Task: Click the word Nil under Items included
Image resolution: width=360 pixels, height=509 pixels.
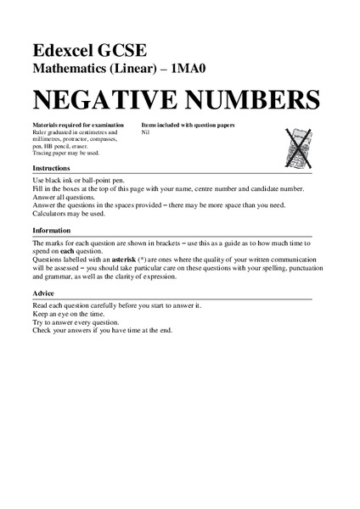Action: click(146, 133)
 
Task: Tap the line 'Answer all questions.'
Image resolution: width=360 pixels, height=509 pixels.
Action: click(65, 197)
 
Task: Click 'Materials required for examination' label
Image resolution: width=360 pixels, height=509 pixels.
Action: click(71, 126)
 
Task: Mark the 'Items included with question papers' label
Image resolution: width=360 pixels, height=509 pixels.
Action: click(188, 126)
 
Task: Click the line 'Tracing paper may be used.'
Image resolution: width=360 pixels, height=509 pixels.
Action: click(66, 154)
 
